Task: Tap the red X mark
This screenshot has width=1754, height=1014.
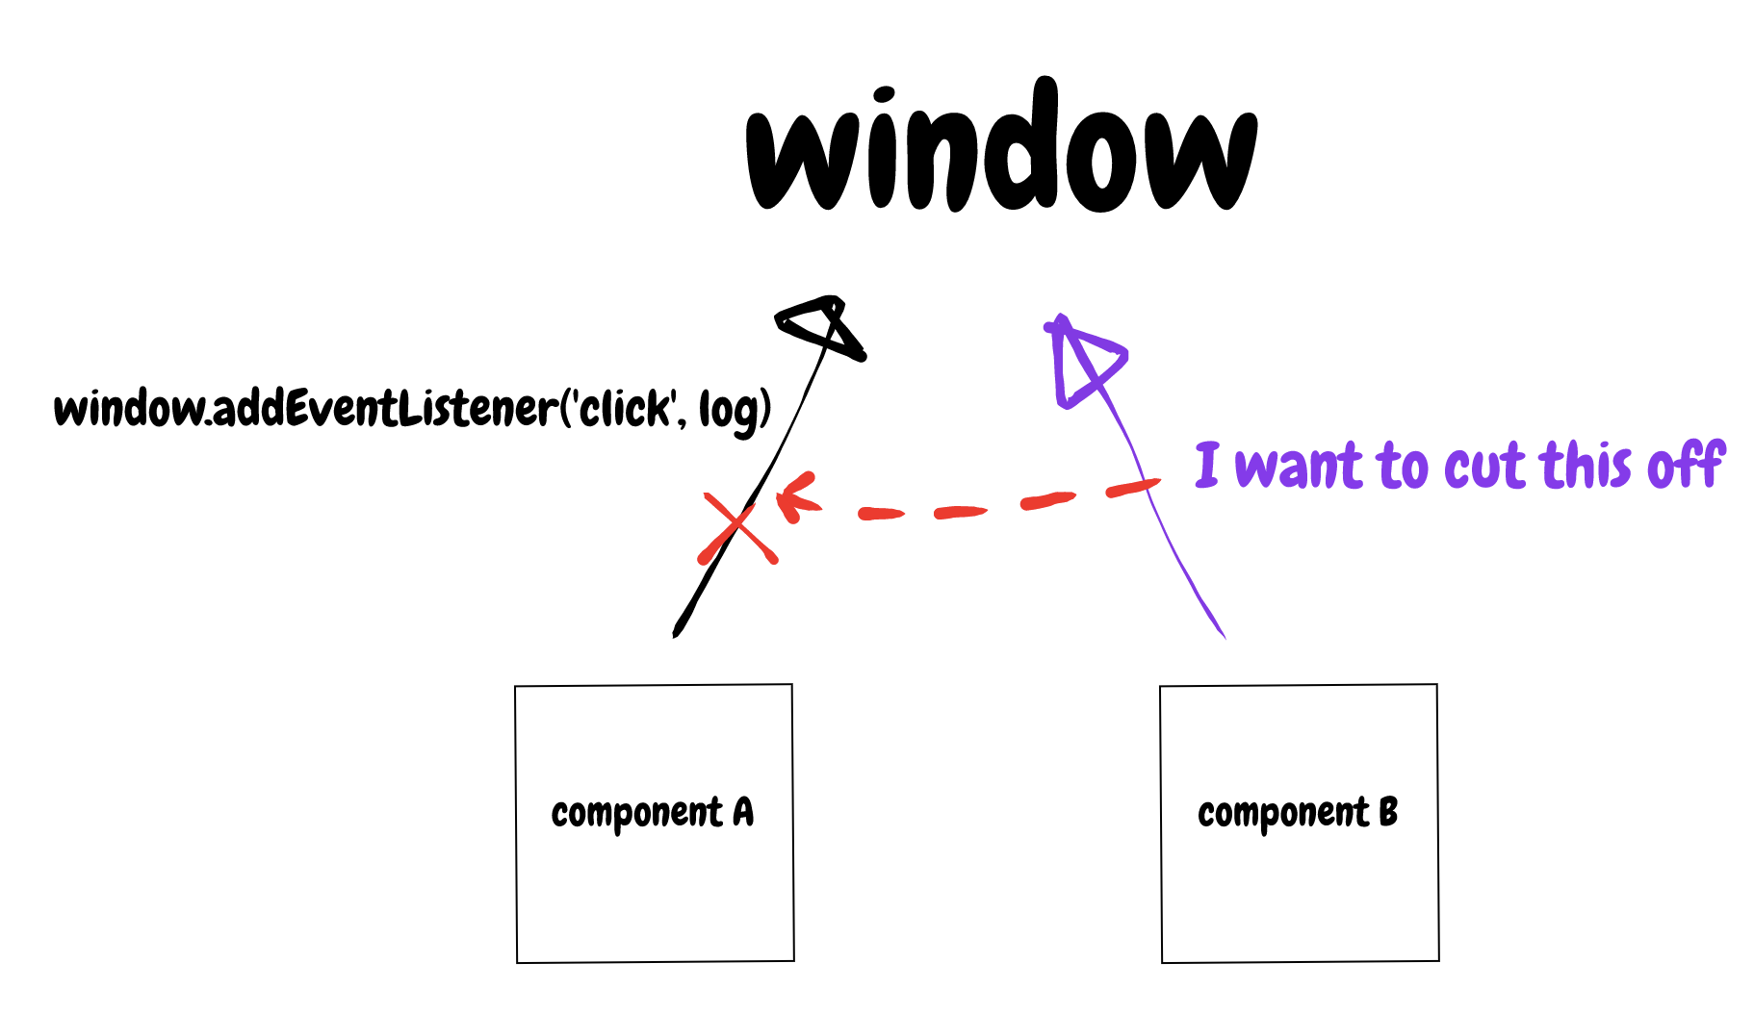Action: click(x=737, y=527)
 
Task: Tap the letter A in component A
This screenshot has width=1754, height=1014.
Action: click(x=743, y=813)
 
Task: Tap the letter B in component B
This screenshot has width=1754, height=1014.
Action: click(x=1387, y=813)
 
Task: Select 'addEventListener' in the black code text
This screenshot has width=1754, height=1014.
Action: click(x=385, y=409)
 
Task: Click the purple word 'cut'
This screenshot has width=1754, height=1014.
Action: click(x=1486, y=467)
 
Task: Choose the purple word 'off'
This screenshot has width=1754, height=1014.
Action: click(x=1686, y=465)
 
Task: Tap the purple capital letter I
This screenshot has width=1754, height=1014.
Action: click(x=1207, y=465)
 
